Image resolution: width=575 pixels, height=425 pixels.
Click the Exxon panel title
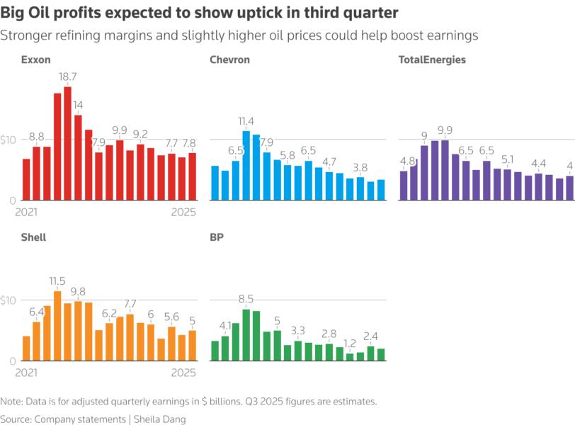tap(35, 60)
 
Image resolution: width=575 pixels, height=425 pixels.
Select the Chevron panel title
tap(229, 60)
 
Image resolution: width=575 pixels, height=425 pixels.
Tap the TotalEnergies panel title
tap(433, 60)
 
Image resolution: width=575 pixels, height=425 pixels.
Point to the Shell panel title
tap(33, 237)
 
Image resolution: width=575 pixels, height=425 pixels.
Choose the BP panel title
tap(217, 237)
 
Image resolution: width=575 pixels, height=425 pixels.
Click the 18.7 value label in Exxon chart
tap(68, 76)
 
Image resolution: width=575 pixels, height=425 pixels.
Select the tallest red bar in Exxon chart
tap(68, 143)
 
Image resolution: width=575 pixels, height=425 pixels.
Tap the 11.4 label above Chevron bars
tap(246, 121)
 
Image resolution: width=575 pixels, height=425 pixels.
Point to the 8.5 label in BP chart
tap(246, 299)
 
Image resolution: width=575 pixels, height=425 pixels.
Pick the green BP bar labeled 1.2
tap(350, 357)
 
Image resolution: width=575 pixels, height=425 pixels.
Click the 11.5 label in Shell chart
tap(57, 281)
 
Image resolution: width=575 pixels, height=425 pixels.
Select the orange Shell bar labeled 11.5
tap(57, 326)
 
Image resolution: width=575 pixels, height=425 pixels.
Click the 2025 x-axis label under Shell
tap(183, 373)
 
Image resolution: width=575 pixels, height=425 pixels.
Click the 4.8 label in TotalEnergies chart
tap(407, 160)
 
